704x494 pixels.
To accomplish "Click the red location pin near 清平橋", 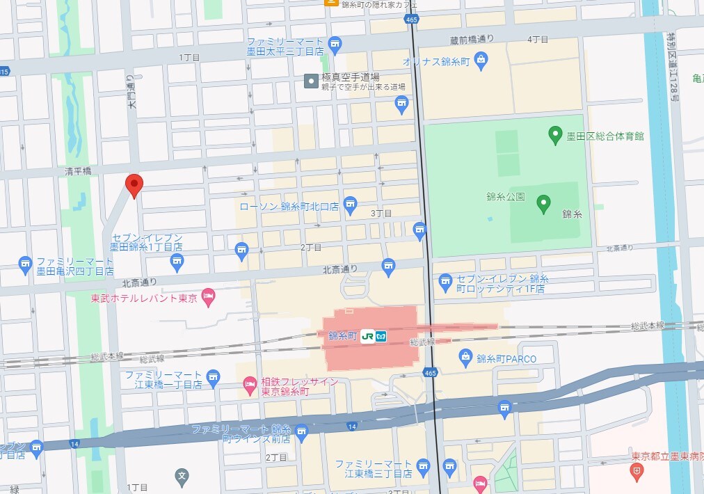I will pos(134,184).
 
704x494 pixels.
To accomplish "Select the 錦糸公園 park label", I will pos(505,197).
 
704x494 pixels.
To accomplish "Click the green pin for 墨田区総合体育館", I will pos(555,134).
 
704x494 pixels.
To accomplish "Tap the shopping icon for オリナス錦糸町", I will pos(481,61).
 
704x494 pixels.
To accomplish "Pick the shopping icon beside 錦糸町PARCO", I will pos(466,358).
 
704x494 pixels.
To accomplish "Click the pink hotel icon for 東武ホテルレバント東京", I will pos(207,298).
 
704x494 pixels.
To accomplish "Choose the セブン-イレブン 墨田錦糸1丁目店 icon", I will pos(177,261).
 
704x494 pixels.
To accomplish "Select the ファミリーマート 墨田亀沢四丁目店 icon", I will pos(26,262).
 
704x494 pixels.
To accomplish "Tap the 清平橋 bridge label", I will pos(79,170).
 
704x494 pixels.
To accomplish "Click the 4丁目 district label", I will pos(538,40).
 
